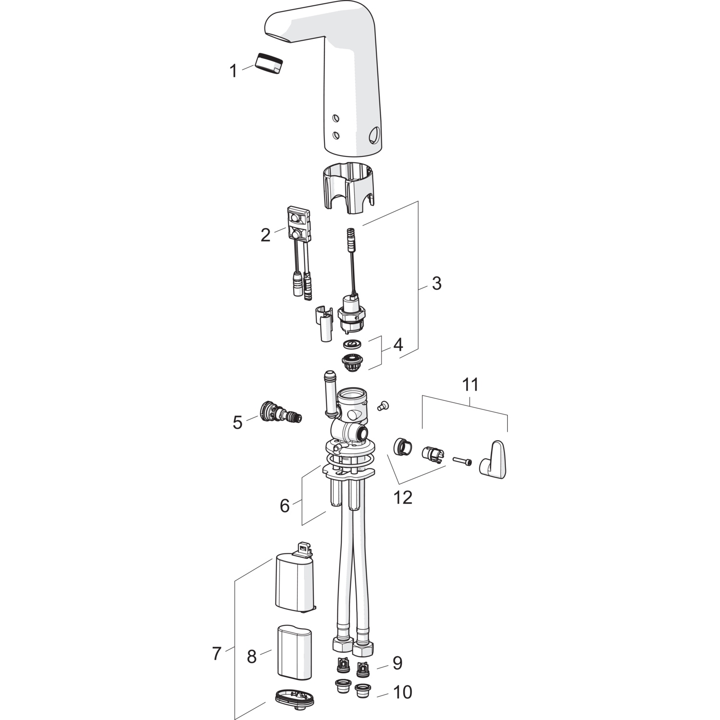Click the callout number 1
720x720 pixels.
(x=233, y=72)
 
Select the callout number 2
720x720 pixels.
(x=265, y=235)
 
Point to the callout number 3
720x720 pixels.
(x=436, y=283)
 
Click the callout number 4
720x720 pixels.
(x=398, y=345)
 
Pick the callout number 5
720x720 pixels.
(x=238, y=423)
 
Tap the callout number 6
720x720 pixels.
(x=285, y=505)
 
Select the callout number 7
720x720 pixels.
(x=216, y=653)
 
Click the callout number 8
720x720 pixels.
(x=252, y=657)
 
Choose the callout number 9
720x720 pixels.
(x=397, y=663)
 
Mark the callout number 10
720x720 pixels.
(x=403, y=692)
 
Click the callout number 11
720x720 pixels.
(x=470, y=384)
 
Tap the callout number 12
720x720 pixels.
(x=403, y=498)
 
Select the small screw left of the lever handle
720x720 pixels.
(x=462, y=461)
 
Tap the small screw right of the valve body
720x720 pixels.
(x=383, y=406)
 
